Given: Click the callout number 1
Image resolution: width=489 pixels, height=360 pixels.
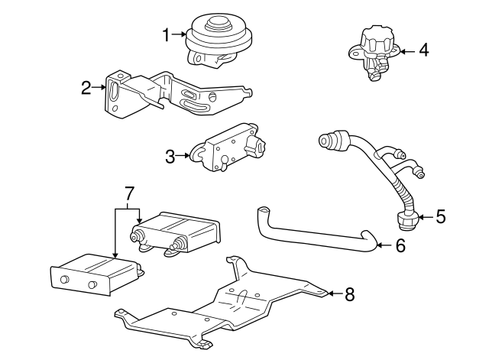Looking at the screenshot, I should click(x=166, y=34).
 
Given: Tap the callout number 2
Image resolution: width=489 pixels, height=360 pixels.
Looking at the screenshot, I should click(x=86, y=87).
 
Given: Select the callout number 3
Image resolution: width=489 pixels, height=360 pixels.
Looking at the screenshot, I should click(x=170, y=157).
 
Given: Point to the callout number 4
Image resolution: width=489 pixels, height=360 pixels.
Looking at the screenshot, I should click(x=423, y=51).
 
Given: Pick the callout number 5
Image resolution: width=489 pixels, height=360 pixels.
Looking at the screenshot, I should click(x=440, y=217).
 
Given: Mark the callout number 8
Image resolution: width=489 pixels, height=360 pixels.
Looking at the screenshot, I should click(x=349, y=294).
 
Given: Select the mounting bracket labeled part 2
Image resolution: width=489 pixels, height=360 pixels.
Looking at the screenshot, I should click(x=176, y=96).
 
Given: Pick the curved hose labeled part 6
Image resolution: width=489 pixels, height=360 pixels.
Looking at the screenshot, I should click(x=313, y=233).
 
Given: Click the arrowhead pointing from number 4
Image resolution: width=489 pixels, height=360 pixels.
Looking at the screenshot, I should click(x=402, y=51).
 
